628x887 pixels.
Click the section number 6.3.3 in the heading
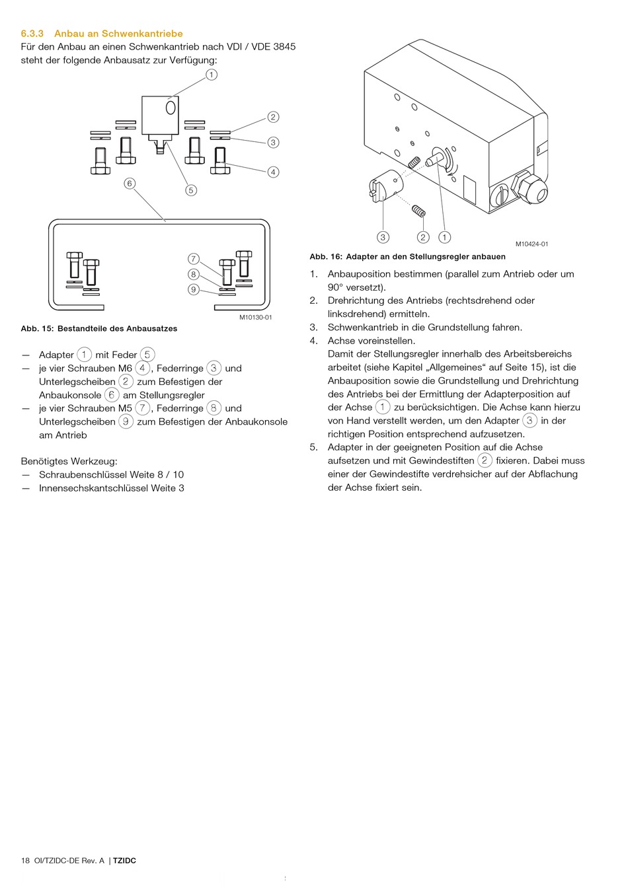tap(32, 34)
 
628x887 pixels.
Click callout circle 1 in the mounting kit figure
tap(211, 75)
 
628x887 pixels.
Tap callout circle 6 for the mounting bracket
tap(130, 183)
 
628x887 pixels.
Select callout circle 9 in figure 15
tap(194, 289)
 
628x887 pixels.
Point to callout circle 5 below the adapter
tap(191, 190)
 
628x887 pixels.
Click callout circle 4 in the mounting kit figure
tap(273, 172)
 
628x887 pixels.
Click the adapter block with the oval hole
tap(160, 115)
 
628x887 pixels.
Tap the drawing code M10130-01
tap(255, 318)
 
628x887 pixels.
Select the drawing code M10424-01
tap(531, 244)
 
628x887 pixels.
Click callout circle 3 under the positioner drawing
tap(383, 237)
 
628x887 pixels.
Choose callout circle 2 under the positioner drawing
tap(423, 237)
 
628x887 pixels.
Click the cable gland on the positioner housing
tap(530, 188)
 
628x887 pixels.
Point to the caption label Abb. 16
tap(325, 257)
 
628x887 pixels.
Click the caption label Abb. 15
tap(36, 328)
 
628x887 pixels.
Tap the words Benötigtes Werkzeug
tap(69, 461)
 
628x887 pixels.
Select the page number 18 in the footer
tap(26, 861)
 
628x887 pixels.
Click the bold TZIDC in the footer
tap(124, 861)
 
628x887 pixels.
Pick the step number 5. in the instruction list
tap(314, 447)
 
